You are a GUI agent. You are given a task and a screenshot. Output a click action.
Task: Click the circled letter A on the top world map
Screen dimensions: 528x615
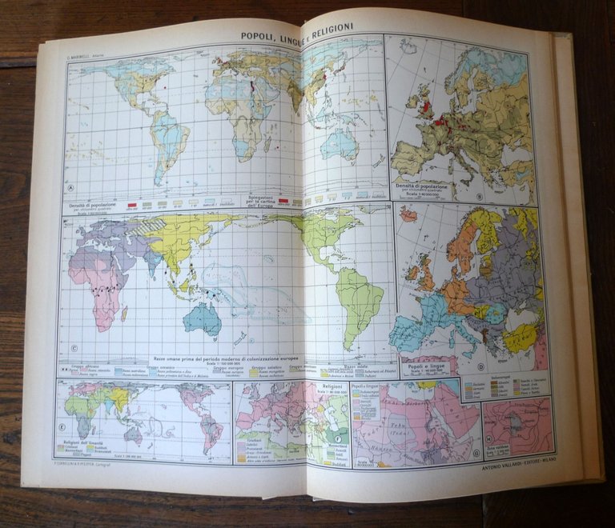point(71,190)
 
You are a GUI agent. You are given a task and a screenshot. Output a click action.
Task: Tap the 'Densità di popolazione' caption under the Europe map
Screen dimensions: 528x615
point(423,186)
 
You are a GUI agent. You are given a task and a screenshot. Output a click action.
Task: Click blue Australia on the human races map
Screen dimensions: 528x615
point(203,319)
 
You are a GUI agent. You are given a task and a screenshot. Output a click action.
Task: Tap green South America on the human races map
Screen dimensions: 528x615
point(359,300)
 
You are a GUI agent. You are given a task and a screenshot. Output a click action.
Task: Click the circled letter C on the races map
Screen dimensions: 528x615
point(73,348)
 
